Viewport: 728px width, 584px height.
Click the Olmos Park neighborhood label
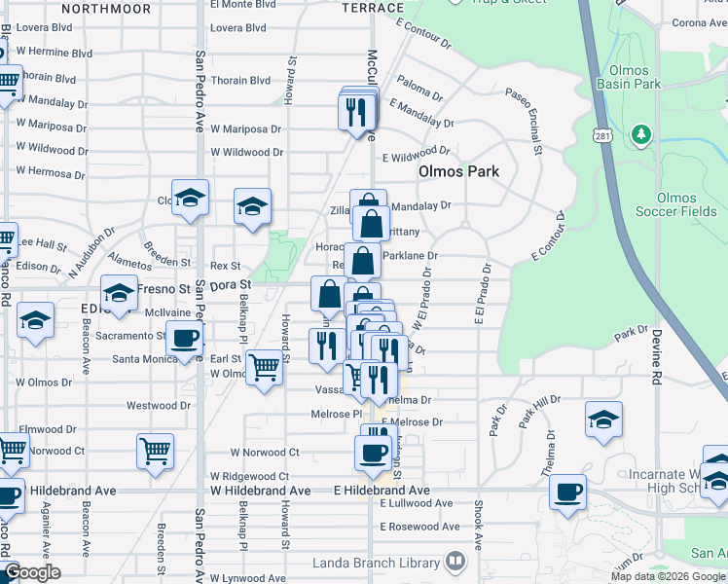458,171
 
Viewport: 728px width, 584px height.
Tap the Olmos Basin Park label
635,77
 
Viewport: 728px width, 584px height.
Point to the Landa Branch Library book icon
453,562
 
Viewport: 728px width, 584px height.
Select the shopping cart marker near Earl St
264,368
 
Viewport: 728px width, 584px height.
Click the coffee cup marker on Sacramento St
184,340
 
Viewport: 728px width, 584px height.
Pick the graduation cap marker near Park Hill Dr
603,419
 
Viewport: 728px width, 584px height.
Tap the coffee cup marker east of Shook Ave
567,491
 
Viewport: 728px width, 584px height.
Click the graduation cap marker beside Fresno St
119,292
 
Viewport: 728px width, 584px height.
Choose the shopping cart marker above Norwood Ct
156,451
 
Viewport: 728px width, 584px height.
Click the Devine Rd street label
657,366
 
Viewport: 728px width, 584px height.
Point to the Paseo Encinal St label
535,123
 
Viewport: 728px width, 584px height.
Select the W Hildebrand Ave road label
261,491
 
